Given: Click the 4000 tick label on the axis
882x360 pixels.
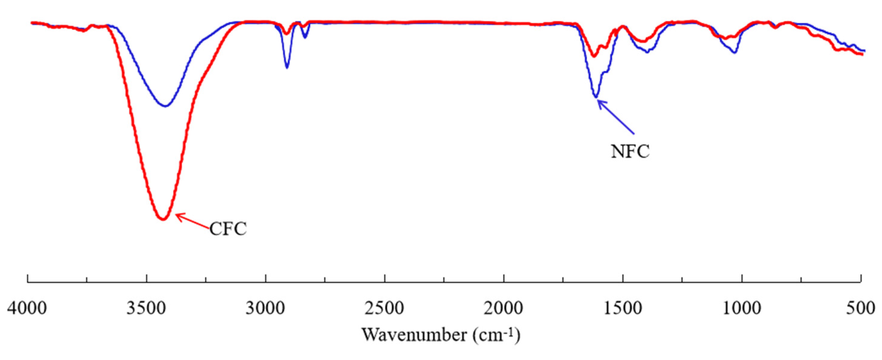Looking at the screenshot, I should click(x=27, y=309).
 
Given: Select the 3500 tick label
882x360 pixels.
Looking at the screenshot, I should click(x=146, y=309).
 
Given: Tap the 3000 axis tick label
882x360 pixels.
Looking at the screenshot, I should click(x=266, y=309).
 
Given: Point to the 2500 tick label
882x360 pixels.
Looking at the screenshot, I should click(x=384, y=309).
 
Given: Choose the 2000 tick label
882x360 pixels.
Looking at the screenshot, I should click(x=504, y=309).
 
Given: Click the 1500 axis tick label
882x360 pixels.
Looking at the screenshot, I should click(x=623, y=309).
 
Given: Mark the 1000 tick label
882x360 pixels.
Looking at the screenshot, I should click(x=742, y=309).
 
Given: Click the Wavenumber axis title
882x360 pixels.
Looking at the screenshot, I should click(x=441, y=335).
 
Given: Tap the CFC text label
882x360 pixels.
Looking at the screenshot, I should click(x=228, y=229).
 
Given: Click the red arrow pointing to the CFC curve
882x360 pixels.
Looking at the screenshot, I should click(x=192, y=221).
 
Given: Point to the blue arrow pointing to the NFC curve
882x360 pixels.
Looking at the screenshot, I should click(x=615, y=116).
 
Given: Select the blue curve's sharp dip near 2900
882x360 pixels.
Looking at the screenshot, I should click(x=287, y=67).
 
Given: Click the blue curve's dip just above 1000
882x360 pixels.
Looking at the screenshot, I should click(x=734, y=52).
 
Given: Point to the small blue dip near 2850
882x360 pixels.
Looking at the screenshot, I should click(x=305, y=37).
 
